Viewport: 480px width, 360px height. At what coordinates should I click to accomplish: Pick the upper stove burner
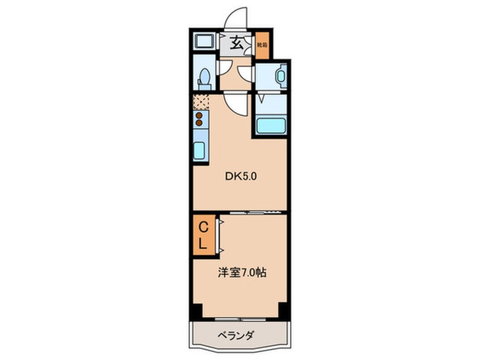[199, 115]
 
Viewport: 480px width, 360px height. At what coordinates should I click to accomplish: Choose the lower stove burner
[199, 123]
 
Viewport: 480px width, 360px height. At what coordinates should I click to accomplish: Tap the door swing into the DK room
[235, 105]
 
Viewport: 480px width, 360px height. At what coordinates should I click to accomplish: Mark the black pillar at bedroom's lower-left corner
[196, 311]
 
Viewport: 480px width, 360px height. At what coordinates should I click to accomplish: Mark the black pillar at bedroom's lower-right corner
[284, 311]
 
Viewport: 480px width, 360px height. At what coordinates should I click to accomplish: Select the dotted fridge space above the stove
[200, 102]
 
